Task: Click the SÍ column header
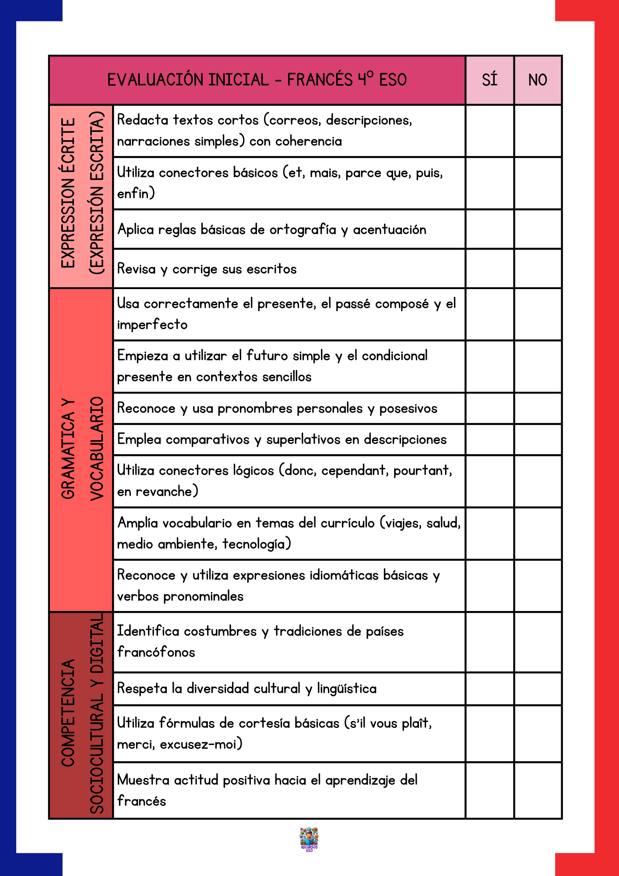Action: tap(489, 80)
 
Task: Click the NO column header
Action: tap(538, 80)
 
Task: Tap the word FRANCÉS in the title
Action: tap(320, 80)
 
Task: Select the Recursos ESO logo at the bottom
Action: tap(309, 839)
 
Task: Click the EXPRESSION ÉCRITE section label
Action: tap(68, 193)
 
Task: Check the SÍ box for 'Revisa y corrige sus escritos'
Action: tap(489, 268)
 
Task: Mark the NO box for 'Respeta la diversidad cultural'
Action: tap(538, 689)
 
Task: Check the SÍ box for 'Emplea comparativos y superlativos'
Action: tap(489, 439)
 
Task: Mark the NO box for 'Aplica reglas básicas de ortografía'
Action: tap(538, 229)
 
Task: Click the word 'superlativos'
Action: tap(303, 440)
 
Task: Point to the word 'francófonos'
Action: tap(156, 652)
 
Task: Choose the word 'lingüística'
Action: tap(347, 689)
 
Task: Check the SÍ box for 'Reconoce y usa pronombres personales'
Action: tap(489, 408)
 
